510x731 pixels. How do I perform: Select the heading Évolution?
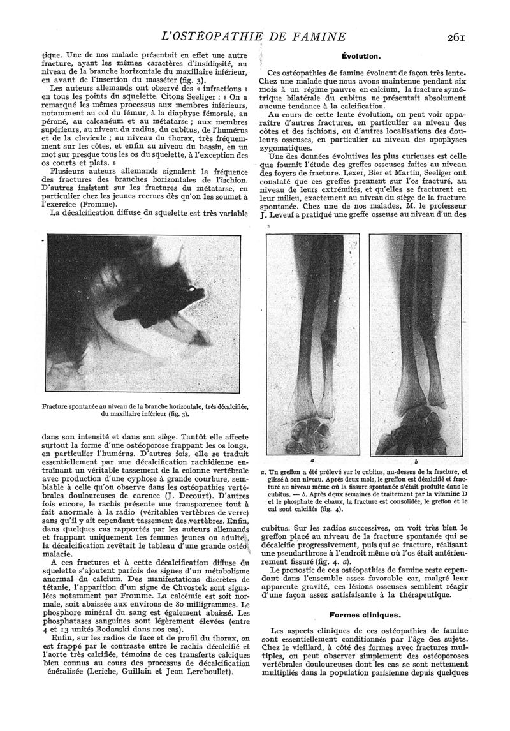[x=361, y=56]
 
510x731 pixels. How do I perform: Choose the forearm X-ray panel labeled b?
[x=415, y=344]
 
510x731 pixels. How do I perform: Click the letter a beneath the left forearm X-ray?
[x=312, y=459]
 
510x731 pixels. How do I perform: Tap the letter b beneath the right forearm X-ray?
[x=416, y=460]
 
